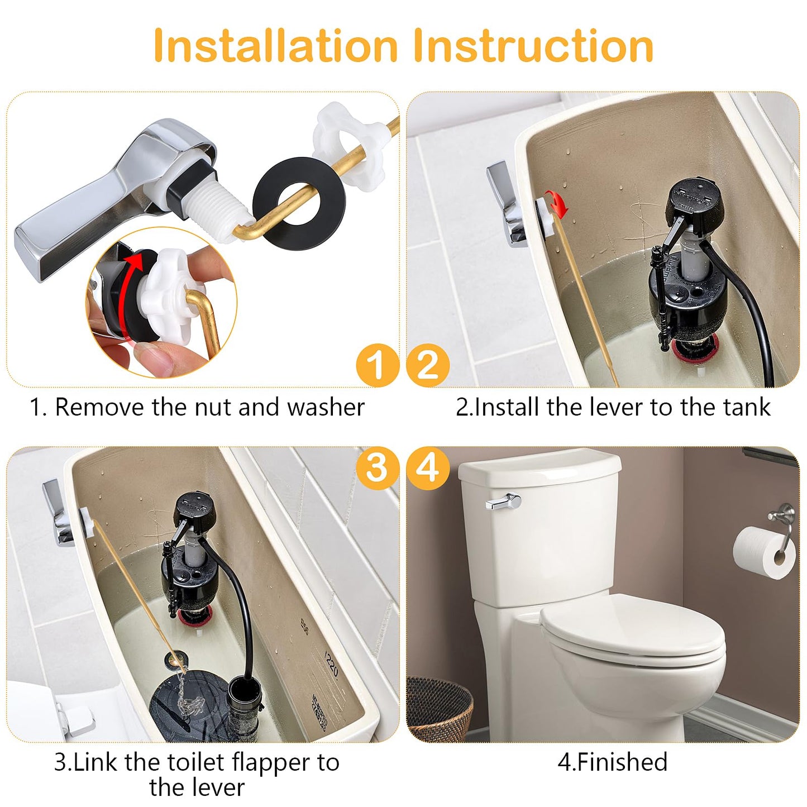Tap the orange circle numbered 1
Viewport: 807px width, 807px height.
378,366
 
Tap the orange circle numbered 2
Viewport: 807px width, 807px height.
428,366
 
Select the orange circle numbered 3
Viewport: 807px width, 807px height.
378,468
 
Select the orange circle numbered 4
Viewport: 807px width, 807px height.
428,468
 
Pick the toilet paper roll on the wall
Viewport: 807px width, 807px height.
763,552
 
